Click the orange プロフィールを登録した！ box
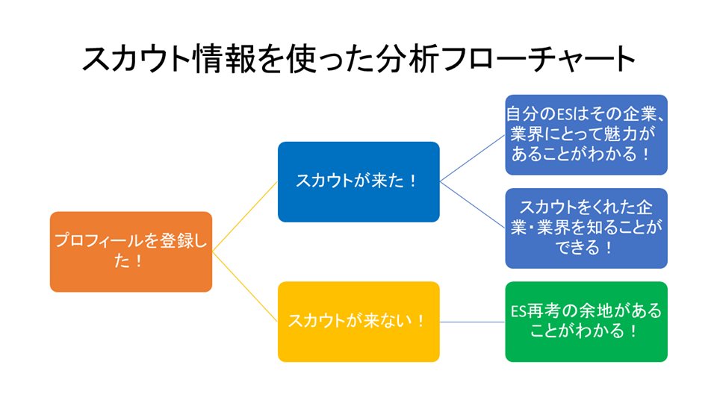131,252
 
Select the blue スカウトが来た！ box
358,181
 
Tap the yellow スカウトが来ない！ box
358,321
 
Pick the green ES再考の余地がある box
586,321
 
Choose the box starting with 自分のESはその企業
586,134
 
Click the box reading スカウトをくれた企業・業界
586,228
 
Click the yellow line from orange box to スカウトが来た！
245,216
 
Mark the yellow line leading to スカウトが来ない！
245,287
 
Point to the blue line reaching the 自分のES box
472,158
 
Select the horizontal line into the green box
472,322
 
